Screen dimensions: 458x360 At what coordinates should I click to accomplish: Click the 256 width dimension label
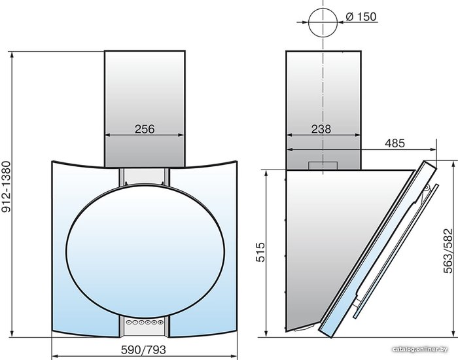[145, 129]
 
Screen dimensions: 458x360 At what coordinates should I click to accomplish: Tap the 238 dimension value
[321, 129]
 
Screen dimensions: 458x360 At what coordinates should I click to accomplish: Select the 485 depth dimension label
[395, 143]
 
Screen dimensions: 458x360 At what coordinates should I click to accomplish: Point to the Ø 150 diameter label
[361, 16]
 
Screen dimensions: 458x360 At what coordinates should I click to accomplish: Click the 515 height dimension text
[260, 252]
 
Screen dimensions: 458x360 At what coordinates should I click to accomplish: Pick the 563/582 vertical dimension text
[448, 251]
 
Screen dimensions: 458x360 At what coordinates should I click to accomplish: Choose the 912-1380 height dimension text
[6, 187]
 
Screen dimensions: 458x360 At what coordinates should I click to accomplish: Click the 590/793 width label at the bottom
[143, 349]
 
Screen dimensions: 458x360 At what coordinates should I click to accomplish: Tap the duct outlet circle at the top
[323, 22]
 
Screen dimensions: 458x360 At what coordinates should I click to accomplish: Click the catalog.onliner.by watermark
[420, 349]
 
